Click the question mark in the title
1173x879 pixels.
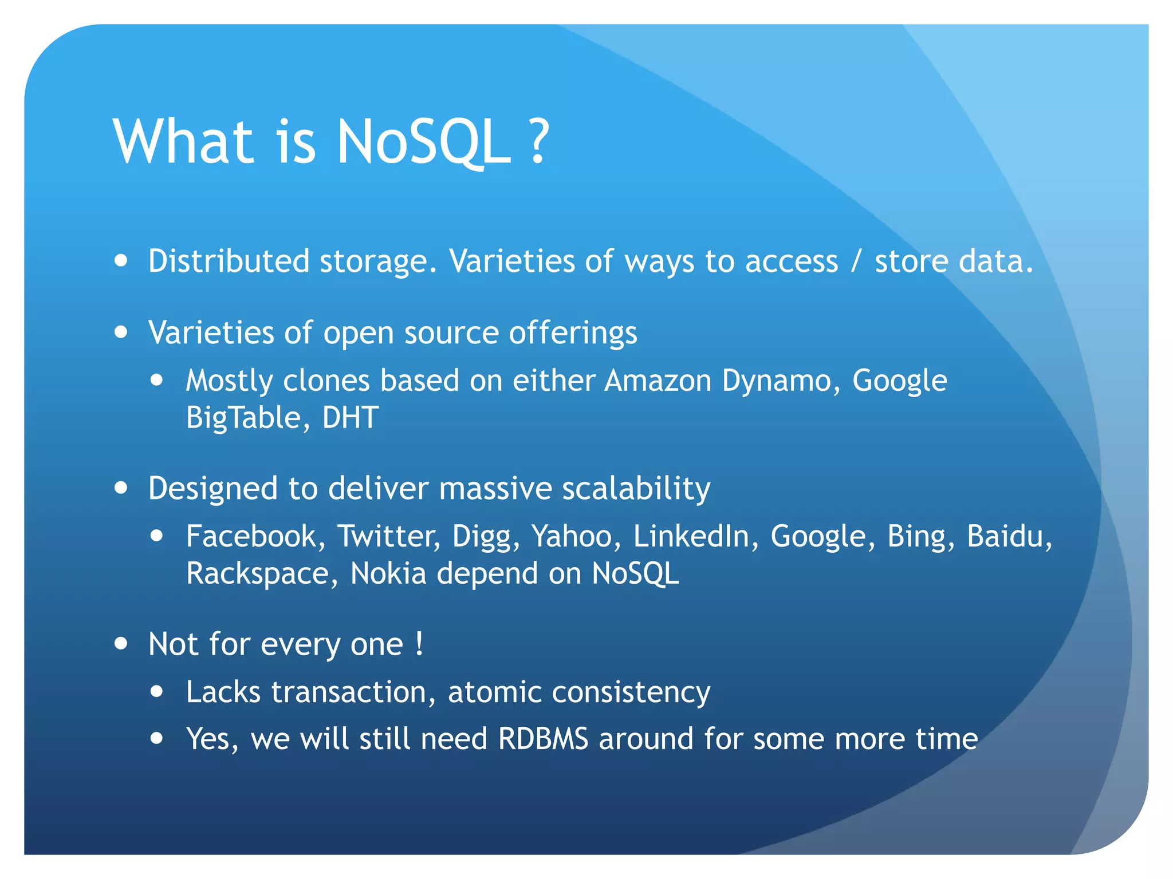539,141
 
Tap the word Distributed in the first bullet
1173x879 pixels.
229,261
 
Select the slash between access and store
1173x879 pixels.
856,261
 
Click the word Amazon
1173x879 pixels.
658,381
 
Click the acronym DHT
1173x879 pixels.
350,418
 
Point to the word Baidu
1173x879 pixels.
1009,537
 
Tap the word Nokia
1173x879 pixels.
388,573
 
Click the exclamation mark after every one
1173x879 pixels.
419,644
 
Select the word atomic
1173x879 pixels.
494,692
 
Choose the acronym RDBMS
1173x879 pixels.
543,739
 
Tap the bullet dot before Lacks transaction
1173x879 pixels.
157,691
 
